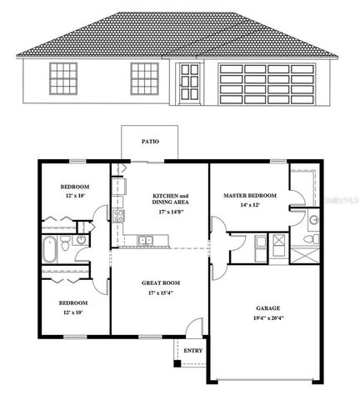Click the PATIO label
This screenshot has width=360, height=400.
coord(150,142)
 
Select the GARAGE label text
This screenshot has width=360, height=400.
coord(267,308)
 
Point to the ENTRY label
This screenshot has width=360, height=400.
coord(192,351)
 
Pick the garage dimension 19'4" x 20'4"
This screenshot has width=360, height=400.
coord(267,317)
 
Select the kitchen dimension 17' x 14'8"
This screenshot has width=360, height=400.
coord(170,211)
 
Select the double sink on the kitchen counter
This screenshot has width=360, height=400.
coord(147,241)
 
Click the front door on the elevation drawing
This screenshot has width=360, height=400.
coord(188,87)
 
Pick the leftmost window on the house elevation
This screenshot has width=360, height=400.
coord(63,79)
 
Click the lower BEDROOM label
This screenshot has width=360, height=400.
coord(72,302)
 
